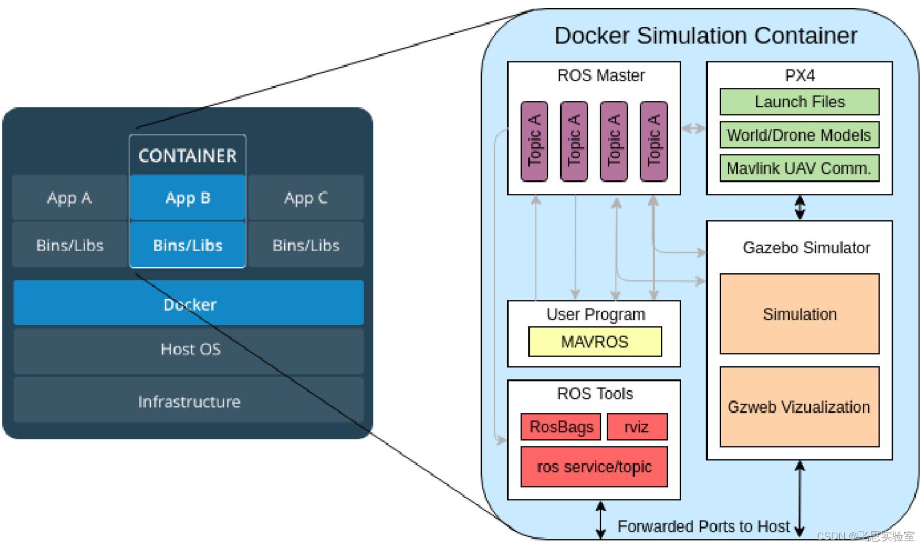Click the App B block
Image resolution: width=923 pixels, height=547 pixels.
point(188,198)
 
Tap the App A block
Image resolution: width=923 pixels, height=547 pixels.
point(69,198)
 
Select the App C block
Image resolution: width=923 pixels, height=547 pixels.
point(306,198)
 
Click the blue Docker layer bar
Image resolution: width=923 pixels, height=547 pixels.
point(188,303)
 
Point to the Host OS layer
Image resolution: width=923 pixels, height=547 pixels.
point(188,350)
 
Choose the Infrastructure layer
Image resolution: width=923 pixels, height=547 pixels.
point(188,401)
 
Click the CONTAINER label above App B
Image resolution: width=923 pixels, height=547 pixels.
point(187,156)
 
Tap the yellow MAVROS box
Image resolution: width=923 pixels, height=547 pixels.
point(595,342)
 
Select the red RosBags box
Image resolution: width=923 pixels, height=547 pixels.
point(561,427)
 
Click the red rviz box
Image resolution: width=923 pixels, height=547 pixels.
point(636,427)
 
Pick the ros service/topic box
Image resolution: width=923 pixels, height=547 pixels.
point(594,467)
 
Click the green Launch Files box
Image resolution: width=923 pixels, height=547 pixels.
point(799,102)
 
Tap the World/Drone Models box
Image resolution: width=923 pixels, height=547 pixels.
point(799,135)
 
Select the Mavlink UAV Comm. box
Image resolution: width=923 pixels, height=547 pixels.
point(799,168)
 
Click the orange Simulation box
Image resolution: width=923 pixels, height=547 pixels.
point(799,314)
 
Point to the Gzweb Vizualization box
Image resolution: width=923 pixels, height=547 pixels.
point(799,407)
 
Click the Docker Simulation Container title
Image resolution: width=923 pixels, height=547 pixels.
point(706,35)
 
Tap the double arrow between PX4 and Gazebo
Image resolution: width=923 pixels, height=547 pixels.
point(800,208)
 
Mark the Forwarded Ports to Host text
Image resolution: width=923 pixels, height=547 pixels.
point(703,526)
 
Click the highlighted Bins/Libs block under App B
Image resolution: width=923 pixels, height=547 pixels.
point(188,245)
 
